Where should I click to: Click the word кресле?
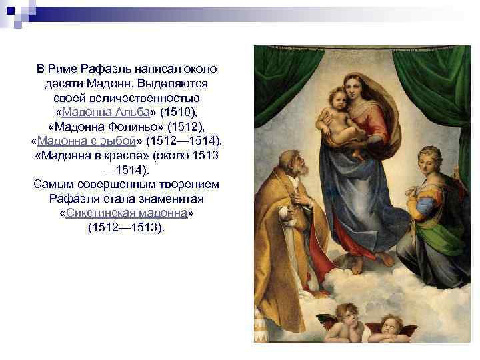point(131,155)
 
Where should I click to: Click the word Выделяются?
point(176,83)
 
